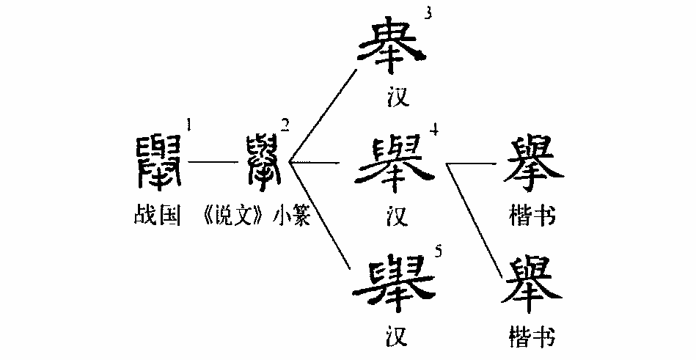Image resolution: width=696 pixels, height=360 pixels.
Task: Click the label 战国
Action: (156, 218)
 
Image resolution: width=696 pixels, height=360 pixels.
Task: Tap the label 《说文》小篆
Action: (254, 218)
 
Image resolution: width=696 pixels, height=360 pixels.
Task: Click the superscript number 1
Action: (189, 125)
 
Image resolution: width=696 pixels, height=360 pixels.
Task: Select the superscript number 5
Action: (438, 254)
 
